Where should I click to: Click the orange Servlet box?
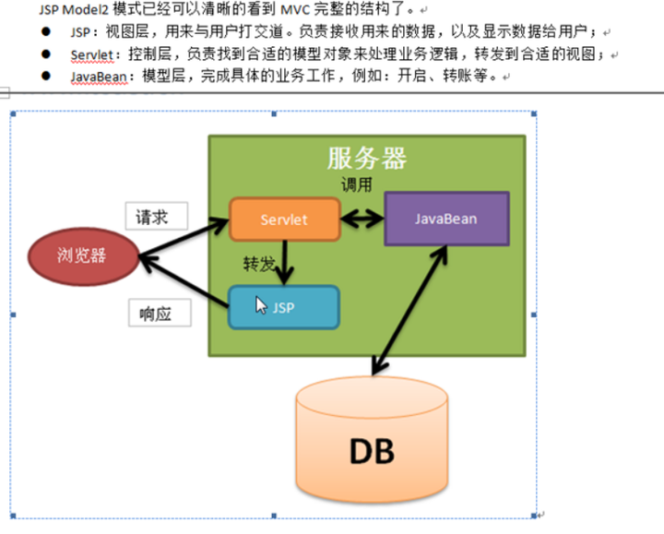point(284,220)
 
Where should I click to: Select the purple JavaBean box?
point(445,219)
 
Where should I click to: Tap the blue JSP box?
point(284,307)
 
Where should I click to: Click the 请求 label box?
point(156,218)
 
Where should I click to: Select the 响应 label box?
point(160,312)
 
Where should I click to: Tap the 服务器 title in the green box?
point(366,159)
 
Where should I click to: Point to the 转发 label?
point(259,264)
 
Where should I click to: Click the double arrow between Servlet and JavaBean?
point(362,220)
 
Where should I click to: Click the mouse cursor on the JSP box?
point(261,304)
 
